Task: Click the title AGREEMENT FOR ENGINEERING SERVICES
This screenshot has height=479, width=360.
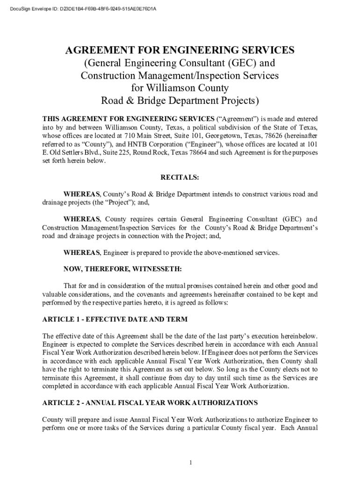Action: (180, 51)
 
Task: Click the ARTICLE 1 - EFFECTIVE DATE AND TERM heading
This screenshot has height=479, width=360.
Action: (115, 319)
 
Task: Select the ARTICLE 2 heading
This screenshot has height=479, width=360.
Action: (150, 402)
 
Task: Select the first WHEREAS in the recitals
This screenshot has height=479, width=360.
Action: (82, 194)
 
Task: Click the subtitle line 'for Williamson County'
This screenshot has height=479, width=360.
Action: (180, 88)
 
